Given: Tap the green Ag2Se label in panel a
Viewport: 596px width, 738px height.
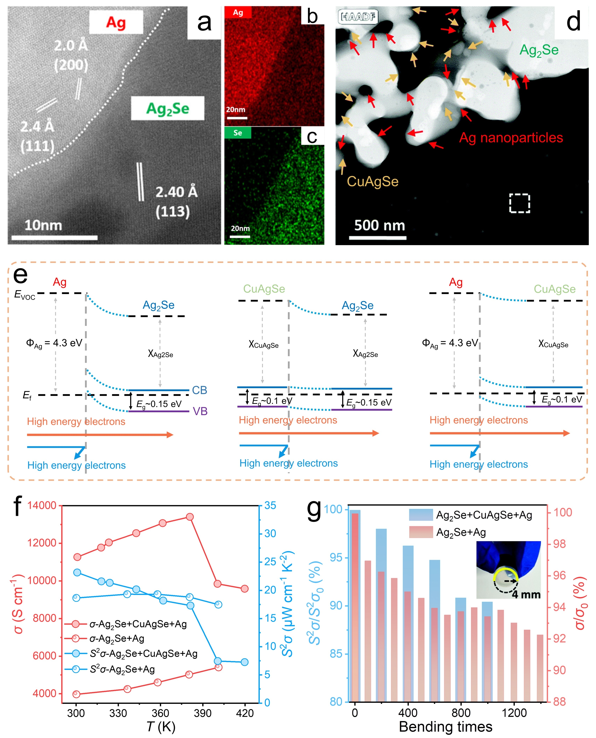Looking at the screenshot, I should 168,109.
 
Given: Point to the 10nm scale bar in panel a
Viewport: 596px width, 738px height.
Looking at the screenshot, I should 54,237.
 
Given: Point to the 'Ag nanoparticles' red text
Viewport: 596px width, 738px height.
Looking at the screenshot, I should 511,137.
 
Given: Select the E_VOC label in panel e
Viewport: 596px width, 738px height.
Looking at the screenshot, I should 25,295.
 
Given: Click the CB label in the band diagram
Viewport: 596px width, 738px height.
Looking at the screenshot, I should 199,390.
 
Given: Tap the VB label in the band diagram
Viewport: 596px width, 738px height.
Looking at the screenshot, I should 200,411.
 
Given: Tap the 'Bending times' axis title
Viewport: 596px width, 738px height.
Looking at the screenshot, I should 446,727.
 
